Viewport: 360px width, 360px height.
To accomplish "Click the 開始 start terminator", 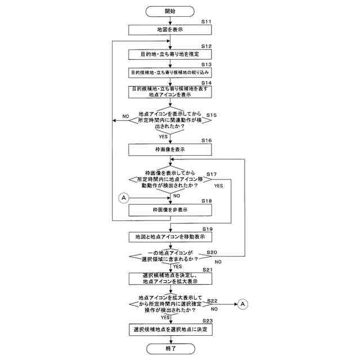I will coord(170,11).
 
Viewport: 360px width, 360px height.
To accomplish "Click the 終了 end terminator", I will coord(170,349).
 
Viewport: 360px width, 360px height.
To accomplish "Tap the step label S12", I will coord(206,46).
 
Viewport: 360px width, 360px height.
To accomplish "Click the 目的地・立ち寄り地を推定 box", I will coord(170,55).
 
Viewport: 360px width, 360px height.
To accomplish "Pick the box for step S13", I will coord(170,73).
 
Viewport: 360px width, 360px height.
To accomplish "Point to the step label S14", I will coord(206,83).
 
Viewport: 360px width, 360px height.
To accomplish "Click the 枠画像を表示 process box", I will coord(170,149).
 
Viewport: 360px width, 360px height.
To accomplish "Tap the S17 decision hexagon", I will coord(170,180).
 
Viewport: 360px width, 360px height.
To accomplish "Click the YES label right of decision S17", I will coord(219,186).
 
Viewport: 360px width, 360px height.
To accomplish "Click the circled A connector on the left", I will coord(124,197).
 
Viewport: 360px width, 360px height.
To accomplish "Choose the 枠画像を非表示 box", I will coord(170,210).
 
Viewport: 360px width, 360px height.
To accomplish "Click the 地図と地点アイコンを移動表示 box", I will coord(170,237).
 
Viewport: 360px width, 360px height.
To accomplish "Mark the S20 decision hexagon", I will coord(170,256).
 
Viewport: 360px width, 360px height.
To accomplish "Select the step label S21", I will coord(206,270).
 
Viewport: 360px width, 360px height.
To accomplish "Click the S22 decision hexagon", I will coord(170,304).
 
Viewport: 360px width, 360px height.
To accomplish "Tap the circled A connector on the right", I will coord(243,304).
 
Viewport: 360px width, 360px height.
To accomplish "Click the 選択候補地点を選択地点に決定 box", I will coord(170,329).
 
